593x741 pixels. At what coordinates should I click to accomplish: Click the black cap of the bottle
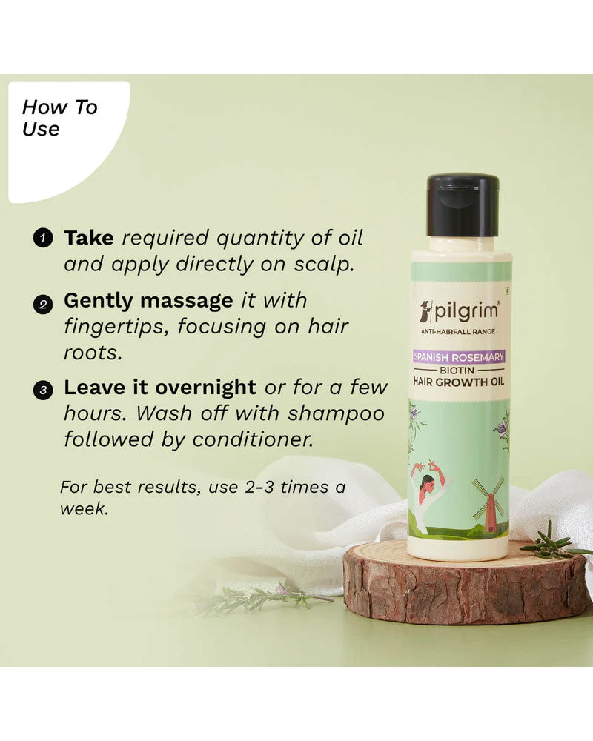click(463, 205)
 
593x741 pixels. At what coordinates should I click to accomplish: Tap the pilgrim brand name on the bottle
click(466, 311)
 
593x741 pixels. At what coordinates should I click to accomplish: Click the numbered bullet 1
click(42, 238)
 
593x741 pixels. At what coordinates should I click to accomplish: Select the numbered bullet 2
click(42, 304)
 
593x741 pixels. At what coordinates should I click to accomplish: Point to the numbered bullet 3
click(42, 391)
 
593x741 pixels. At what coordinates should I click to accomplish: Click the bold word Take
click(89, 238)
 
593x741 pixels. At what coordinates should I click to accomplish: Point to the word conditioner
click(253, 439)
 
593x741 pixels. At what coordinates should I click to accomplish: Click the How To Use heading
click(59, 118)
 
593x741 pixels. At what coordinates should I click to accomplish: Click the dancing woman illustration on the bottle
click(431, 494)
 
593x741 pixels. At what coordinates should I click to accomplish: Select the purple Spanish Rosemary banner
click(459, 357)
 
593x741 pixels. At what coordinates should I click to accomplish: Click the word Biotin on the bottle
click(457, 370)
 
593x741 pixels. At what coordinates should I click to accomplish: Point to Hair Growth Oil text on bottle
click(459, 382)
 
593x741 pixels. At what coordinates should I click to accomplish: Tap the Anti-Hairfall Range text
click(458, 332)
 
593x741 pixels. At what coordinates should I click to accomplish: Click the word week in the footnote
click(85, 508)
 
